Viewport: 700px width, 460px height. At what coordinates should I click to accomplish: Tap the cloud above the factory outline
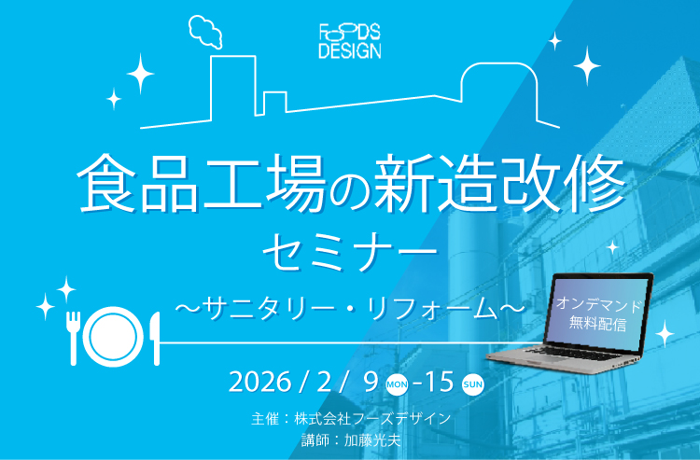tap(206, 31)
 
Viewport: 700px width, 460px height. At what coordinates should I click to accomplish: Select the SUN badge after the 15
tap(473, 383)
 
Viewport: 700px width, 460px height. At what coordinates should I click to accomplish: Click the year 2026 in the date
tap(258, 383)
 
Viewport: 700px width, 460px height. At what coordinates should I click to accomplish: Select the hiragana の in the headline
tap(348, 188)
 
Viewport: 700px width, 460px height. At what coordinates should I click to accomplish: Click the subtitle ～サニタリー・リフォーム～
tap(349, 304)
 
